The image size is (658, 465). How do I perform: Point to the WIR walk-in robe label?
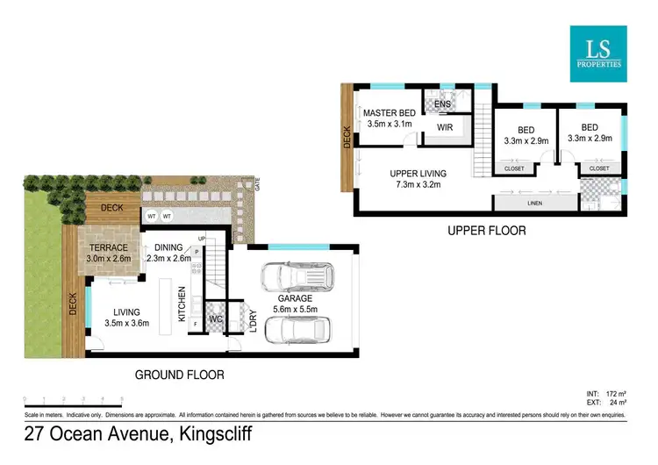(x=444, y=128)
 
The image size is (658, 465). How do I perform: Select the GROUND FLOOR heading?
(x=179, y=375)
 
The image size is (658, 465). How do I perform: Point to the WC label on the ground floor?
(x=215, y=319)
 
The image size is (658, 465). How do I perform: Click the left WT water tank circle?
(x=151, y=215)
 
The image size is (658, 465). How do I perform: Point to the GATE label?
(x=257, y=183)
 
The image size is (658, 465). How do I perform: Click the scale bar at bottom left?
(x=66, y=400)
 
